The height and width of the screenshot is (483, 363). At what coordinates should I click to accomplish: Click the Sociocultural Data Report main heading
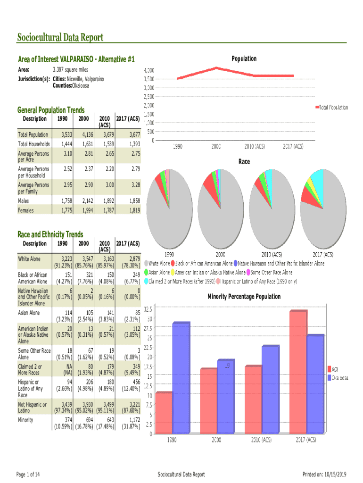[x=60, y=38]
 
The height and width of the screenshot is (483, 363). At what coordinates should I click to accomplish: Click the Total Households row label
[x=33, y=144]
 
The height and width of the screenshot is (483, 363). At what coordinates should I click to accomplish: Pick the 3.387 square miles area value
[x=70, y=70]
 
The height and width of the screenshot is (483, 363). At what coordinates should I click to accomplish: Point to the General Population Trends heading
[x=51, y=110]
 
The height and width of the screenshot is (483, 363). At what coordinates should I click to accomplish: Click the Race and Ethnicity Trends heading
[x=50, y=234]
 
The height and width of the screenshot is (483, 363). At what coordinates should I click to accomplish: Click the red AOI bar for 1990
[x=164, y=413]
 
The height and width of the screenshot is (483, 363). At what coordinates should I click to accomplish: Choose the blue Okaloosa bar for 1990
[x=181, y=378]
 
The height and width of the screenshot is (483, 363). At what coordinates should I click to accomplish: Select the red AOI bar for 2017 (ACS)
[x=298, y=372]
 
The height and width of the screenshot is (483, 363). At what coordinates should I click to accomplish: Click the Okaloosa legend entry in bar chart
[x=337, y=378]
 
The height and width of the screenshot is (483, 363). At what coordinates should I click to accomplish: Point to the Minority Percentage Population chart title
[x=244, y=297]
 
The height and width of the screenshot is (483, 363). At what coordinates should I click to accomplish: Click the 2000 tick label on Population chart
[x=216, y=147]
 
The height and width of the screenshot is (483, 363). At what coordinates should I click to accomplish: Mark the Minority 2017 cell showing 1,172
[x=132, y=420]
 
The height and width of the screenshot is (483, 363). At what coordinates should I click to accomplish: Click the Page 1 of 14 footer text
[x=28, y=474]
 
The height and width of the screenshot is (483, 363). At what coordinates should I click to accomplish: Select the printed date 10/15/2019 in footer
[x=336, y=474]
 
